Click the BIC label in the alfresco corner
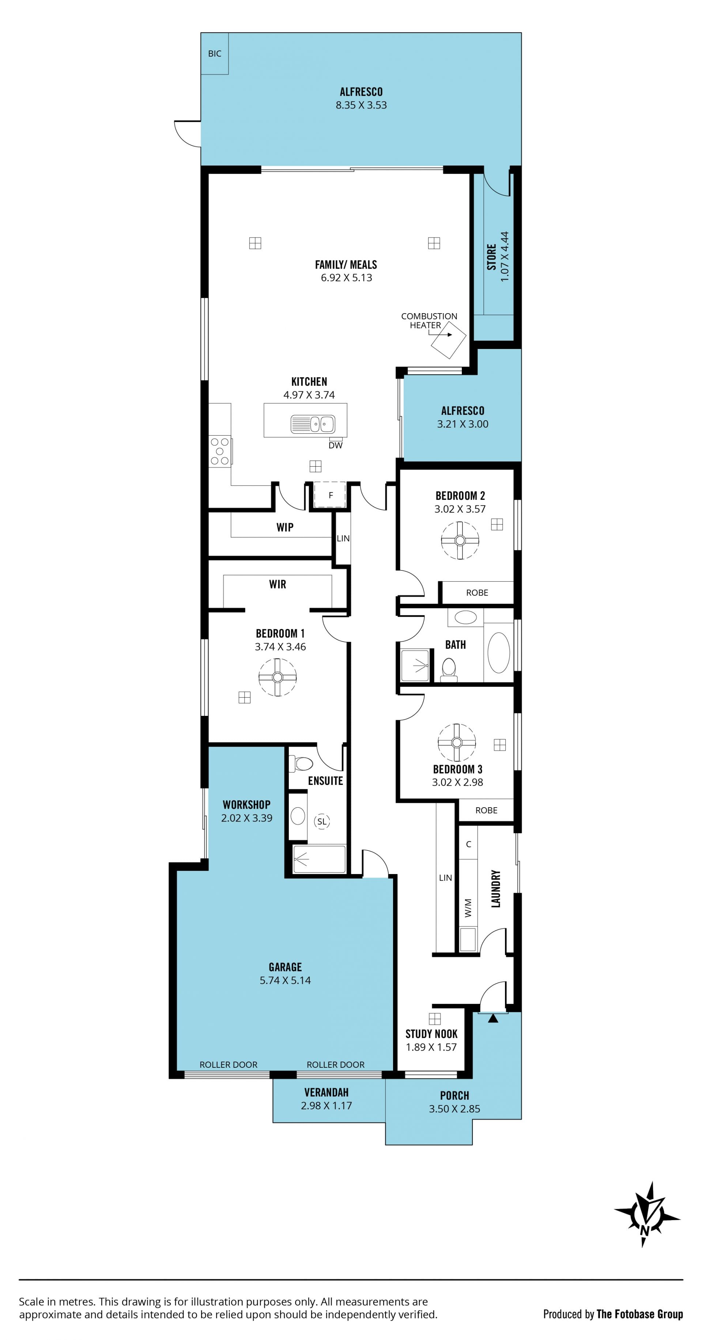pyautogui.click(x=214, y=54)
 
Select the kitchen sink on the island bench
pyautogui.click(x=312, y=424)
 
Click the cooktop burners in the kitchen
pyautogui.click(x=220, y=451)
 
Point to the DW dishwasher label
pyautogui.click(x=336, y=445)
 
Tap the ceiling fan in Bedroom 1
pyautogui.click(x=278, y=677)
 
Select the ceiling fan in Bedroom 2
pyautogui.click(x=460, y=540)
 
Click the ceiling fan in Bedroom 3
pyautogui.click(x=457, y=742)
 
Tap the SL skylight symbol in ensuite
pyautogui.click(x=322, y=821)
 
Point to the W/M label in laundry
pyautogui.click(x=468, y=908)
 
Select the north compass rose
pyautogui.click(x=647, y=1214)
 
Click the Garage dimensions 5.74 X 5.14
pyautogui.click(x=285, y=980)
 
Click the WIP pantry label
pyautogui.click(x=285, y=527)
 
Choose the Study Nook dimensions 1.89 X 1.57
pyautogui.click(x=431, y=1047)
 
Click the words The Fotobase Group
pyautogui.click(x=639, y=1314)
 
